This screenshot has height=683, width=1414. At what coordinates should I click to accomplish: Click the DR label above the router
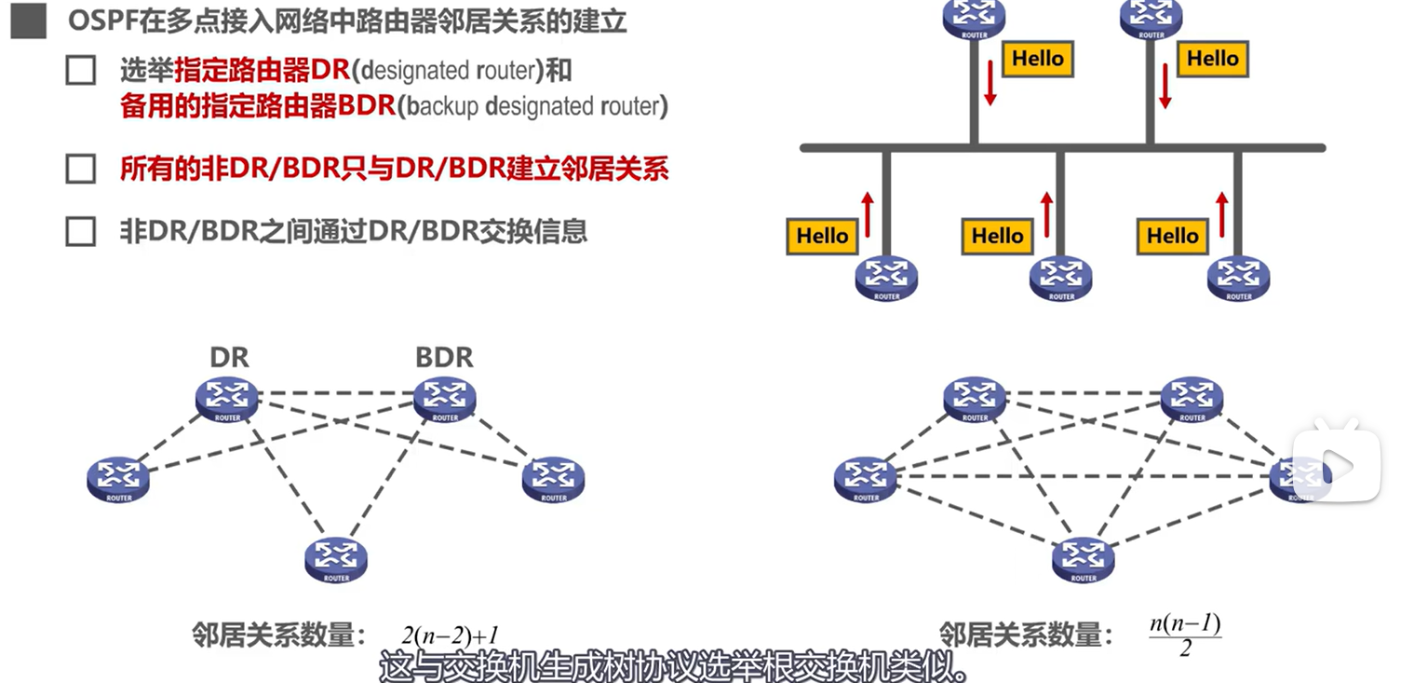pyautogui.click(x=229, y=357)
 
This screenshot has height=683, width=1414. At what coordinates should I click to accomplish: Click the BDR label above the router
pyautogui.click(x=444, y=357)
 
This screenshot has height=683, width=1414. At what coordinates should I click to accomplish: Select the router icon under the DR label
pyautogui.click(x=227, y=398)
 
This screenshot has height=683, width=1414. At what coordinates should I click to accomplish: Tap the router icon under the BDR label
pyautogui.click(x=445, y=398)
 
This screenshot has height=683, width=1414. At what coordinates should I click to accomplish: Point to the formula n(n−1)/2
pyautogui.click(x=1184, y=635)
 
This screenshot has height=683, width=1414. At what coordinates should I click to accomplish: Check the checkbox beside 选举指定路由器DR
pyautogui.click(x=81, y=71)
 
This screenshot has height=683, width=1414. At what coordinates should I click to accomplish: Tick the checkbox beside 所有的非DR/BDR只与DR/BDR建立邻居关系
pyautogui.click(x=81, y=169)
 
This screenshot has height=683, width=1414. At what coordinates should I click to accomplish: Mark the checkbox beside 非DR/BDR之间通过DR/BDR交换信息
pyautogui.click(x=81, y=231)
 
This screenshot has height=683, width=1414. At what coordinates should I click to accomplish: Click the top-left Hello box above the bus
pyautogui.click(x=1037, y=59)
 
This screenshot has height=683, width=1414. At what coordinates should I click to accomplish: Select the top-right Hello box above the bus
pyautogui.click(x=1212, y=59)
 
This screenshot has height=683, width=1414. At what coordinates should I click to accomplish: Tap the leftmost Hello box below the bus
pyautogui.click(x=822, y=237)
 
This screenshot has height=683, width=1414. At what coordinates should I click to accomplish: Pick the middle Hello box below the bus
pyautogui.click(x=997, y=237)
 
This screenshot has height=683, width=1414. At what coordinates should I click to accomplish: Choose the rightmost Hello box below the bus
pyautogui.click(x=1172, y=237)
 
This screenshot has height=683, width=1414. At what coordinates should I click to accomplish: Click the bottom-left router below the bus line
pyautogui.click(x=886, y=278)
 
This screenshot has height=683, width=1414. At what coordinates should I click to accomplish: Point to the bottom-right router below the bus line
pyautogui.click(x=1238, y=278)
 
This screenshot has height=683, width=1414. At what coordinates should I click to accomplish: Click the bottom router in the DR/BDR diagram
pyautogui.click(x=336, y=559)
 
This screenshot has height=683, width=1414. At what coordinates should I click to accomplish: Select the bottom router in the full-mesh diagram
pyautogui.click(x=1084, y=559)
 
